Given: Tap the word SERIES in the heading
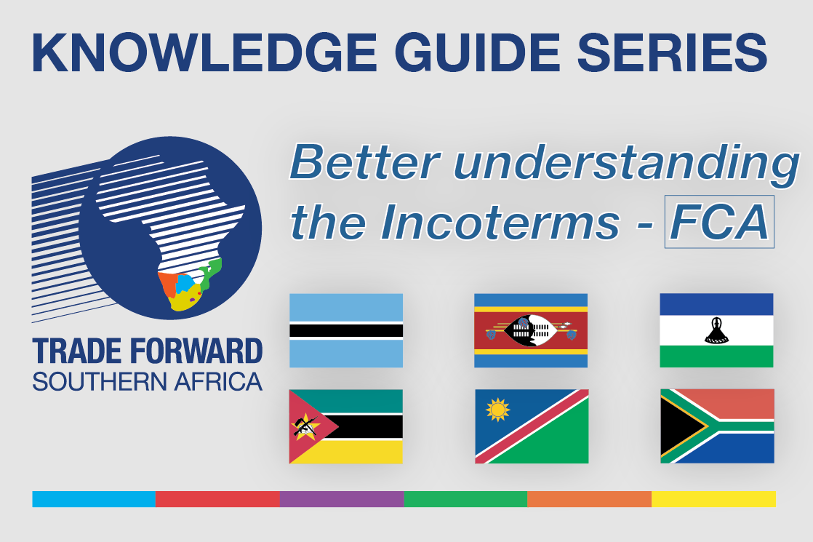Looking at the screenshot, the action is (673, 53).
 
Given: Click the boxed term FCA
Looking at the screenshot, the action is (719, 221).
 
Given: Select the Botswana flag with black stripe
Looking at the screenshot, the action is (346, 330).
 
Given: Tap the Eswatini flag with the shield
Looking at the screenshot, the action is (531, 330).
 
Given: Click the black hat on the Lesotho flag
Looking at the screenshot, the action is (716, 330).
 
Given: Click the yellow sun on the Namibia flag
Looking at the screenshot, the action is (497, 410).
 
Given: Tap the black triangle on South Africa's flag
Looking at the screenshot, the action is (681, 426).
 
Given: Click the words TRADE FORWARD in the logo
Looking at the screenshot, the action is (147, 351).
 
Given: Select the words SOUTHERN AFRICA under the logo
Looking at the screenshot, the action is (147, 382).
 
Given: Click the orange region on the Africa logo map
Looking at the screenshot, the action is (167, 284).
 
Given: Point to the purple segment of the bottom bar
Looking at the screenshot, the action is (342, 499).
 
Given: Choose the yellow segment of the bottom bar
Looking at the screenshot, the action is (713, 499).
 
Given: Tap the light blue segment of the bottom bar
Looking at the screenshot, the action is (94, 499).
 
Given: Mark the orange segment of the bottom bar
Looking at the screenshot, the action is (590, 499).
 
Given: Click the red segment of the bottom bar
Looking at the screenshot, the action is (217, 499).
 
